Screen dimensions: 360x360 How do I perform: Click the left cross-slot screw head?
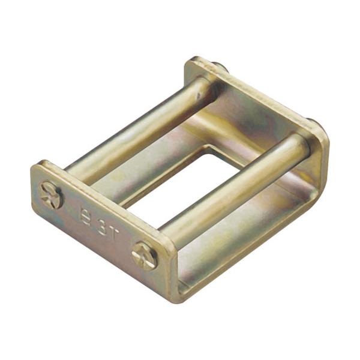coord(50,195)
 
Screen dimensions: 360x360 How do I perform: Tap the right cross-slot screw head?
coord(145,256)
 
